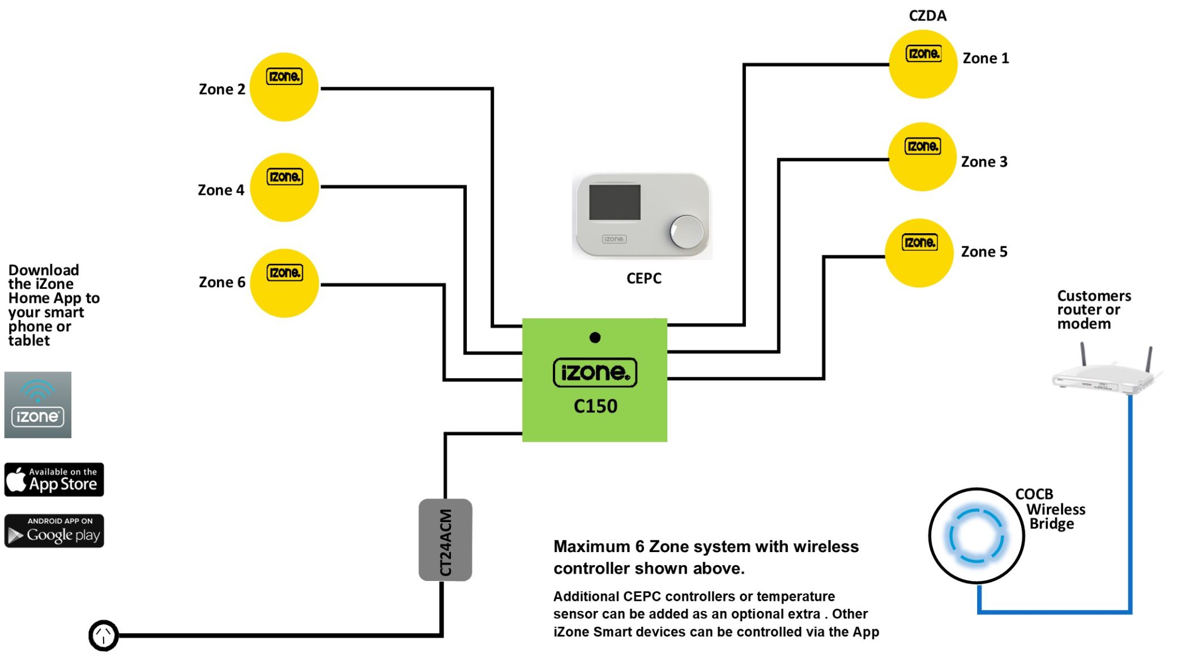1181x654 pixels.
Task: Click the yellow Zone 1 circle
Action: pos(923,64)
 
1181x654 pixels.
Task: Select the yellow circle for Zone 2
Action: pos(284,87)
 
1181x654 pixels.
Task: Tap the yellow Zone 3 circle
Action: pos(922,157)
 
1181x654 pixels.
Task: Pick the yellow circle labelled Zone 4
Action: pos(284,187)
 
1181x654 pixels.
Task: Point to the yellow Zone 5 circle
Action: pos(919,253)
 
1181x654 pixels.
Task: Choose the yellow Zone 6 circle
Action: pos(284,283)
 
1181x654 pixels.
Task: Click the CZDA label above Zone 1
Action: pos(927,16)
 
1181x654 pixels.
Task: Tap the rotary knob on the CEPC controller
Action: pos(687,232)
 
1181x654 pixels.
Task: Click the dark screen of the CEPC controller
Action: pos(615,202)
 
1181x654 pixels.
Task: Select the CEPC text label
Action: pos(643,279)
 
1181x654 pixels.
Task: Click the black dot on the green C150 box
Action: pos(595,338)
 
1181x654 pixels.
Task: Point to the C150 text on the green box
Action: pos(595,406)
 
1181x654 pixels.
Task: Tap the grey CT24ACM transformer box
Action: pos(445,540)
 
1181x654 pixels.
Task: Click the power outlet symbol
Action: pos(104,635)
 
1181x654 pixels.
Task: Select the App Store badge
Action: pos(54,480)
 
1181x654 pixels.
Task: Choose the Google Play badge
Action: pos(54,531)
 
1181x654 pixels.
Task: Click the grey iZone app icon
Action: pos(38,405)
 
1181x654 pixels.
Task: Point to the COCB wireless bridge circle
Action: pos(976,536)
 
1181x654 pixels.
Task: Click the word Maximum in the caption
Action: pos(591,546)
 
